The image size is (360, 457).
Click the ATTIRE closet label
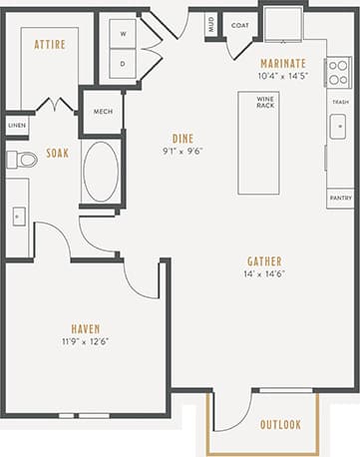click(x=50, y=45)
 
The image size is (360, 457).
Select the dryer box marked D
click(x=122, y=64)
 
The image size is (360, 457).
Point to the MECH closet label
click(x=103, y=111)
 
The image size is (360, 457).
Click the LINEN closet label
click(x=17, y=126)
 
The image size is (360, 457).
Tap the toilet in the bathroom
click(x=23, y=159)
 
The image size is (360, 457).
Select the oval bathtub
click(x=101, y=172)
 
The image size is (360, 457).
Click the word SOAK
click(x=57, y=154)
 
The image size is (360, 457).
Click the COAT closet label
click(x=239, y=25)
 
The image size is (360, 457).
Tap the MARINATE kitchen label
click(x=282, y=62)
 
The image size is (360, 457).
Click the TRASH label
click(x=339, y=102)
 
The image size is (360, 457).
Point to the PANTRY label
click(x=339, y=197)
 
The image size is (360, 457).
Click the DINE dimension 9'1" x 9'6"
click(x=181, y=153)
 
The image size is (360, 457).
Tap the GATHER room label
click(x=264, y=261)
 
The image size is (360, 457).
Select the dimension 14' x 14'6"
click(x=264, y=274)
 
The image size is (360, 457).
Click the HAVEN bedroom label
click(x=85, y=328)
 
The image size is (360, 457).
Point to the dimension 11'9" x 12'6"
click(x=85, y=341)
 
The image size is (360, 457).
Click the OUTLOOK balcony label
click(x=280, y=424)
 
